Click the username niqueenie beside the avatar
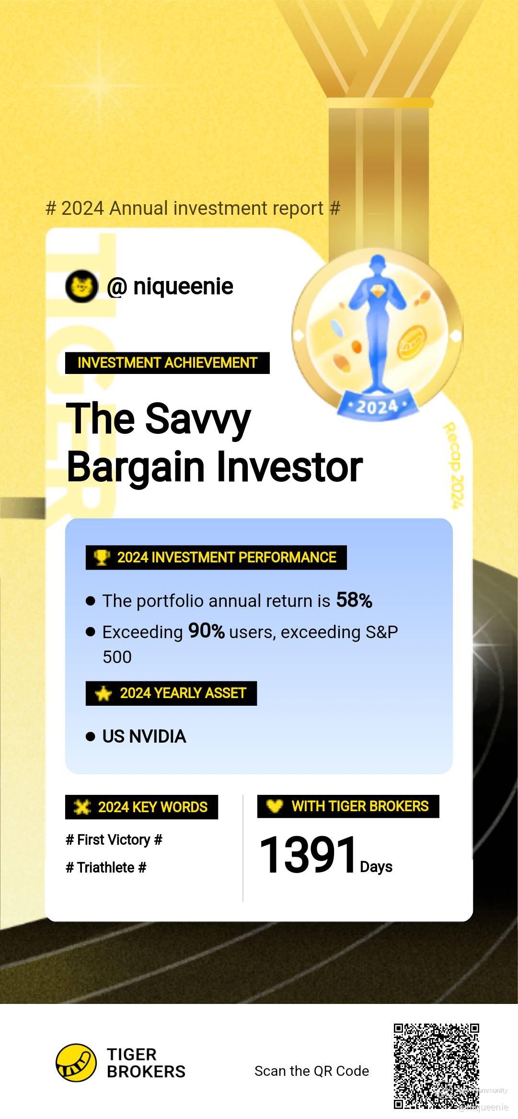click(x=183, y=287)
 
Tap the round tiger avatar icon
click(x=82, y=286)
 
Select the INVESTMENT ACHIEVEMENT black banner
click(x=167, y=363)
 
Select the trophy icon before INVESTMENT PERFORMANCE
click(x=102, y=558)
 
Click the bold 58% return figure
click(x=354, y=600)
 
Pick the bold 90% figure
click(x=207, y=631)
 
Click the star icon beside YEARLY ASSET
click(x=104, y=693)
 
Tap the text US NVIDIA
click(x=144, y=736)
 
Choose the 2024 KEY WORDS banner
click(x=141, y=807)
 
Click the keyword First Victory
click(x=114, y=840)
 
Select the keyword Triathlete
click(x=106, y=867)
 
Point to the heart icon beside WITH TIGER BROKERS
click(x=275, y=806)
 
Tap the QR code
click(x=437, y=1066)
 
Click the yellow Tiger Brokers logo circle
click(x=76, y=1063)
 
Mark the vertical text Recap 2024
click(x=453, y=465)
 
